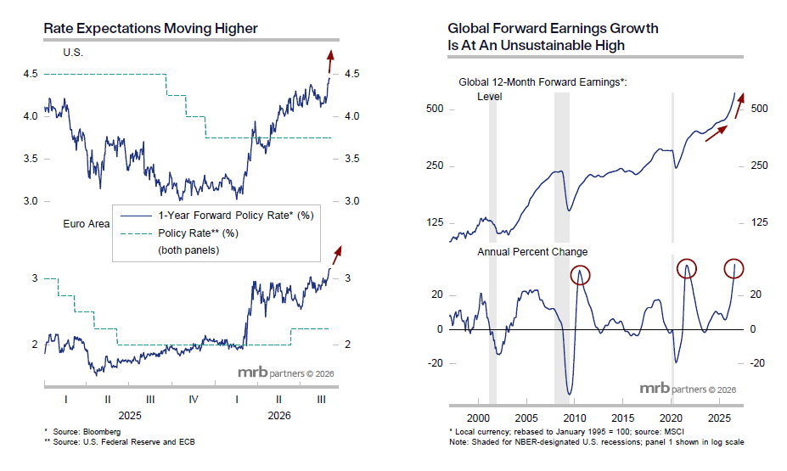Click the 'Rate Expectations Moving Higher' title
pos(150,29)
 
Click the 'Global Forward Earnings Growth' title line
pos(553,28)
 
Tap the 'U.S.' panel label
pos(73,53)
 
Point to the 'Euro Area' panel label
pos(87,224)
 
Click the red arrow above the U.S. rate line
pos(330,62)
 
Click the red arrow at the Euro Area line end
pos(337,255)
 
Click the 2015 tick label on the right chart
pos(622,418)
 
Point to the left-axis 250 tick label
pos(435,165)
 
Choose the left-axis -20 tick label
pos(435,363)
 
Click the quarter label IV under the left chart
pos(194,400)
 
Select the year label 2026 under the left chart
pos(279,415)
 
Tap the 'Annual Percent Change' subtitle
pos(532,252)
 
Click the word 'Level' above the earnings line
pos(489,96)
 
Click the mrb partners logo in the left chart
pos(285,373)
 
